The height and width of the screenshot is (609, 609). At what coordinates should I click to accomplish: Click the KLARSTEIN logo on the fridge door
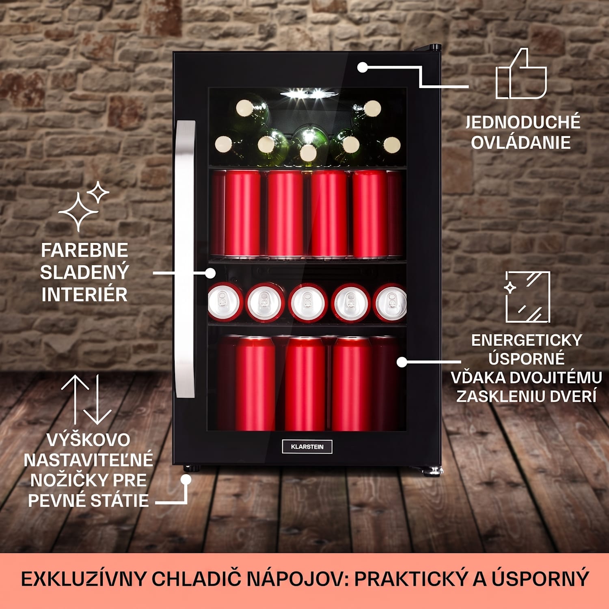(307, 447)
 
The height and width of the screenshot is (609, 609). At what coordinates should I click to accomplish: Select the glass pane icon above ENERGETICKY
(527, 297)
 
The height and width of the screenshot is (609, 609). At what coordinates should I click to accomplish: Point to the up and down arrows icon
(86, 400)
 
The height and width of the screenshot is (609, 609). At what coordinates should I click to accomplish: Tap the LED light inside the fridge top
(309, 94)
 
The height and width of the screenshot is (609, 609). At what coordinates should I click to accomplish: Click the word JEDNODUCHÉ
(523, 122)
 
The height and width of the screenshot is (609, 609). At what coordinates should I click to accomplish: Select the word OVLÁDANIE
(521, 143)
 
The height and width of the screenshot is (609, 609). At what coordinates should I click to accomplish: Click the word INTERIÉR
(84, 294)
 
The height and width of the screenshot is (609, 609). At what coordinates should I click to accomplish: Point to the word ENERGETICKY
(527, 340)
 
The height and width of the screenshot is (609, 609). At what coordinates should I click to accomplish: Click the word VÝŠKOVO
(88, 440)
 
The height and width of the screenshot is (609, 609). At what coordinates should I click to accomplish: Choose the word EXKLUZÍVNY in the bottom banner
(84, 579)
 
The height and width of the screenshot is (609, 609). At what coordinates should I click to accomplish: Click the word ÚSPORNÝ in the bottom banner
(540, 579)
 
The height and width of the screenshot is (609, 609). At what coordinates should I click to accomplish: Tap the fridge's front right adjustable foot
(432, 471)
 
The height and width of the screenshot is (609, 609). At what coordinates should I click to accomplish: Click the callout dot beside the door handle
(210, 273)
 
